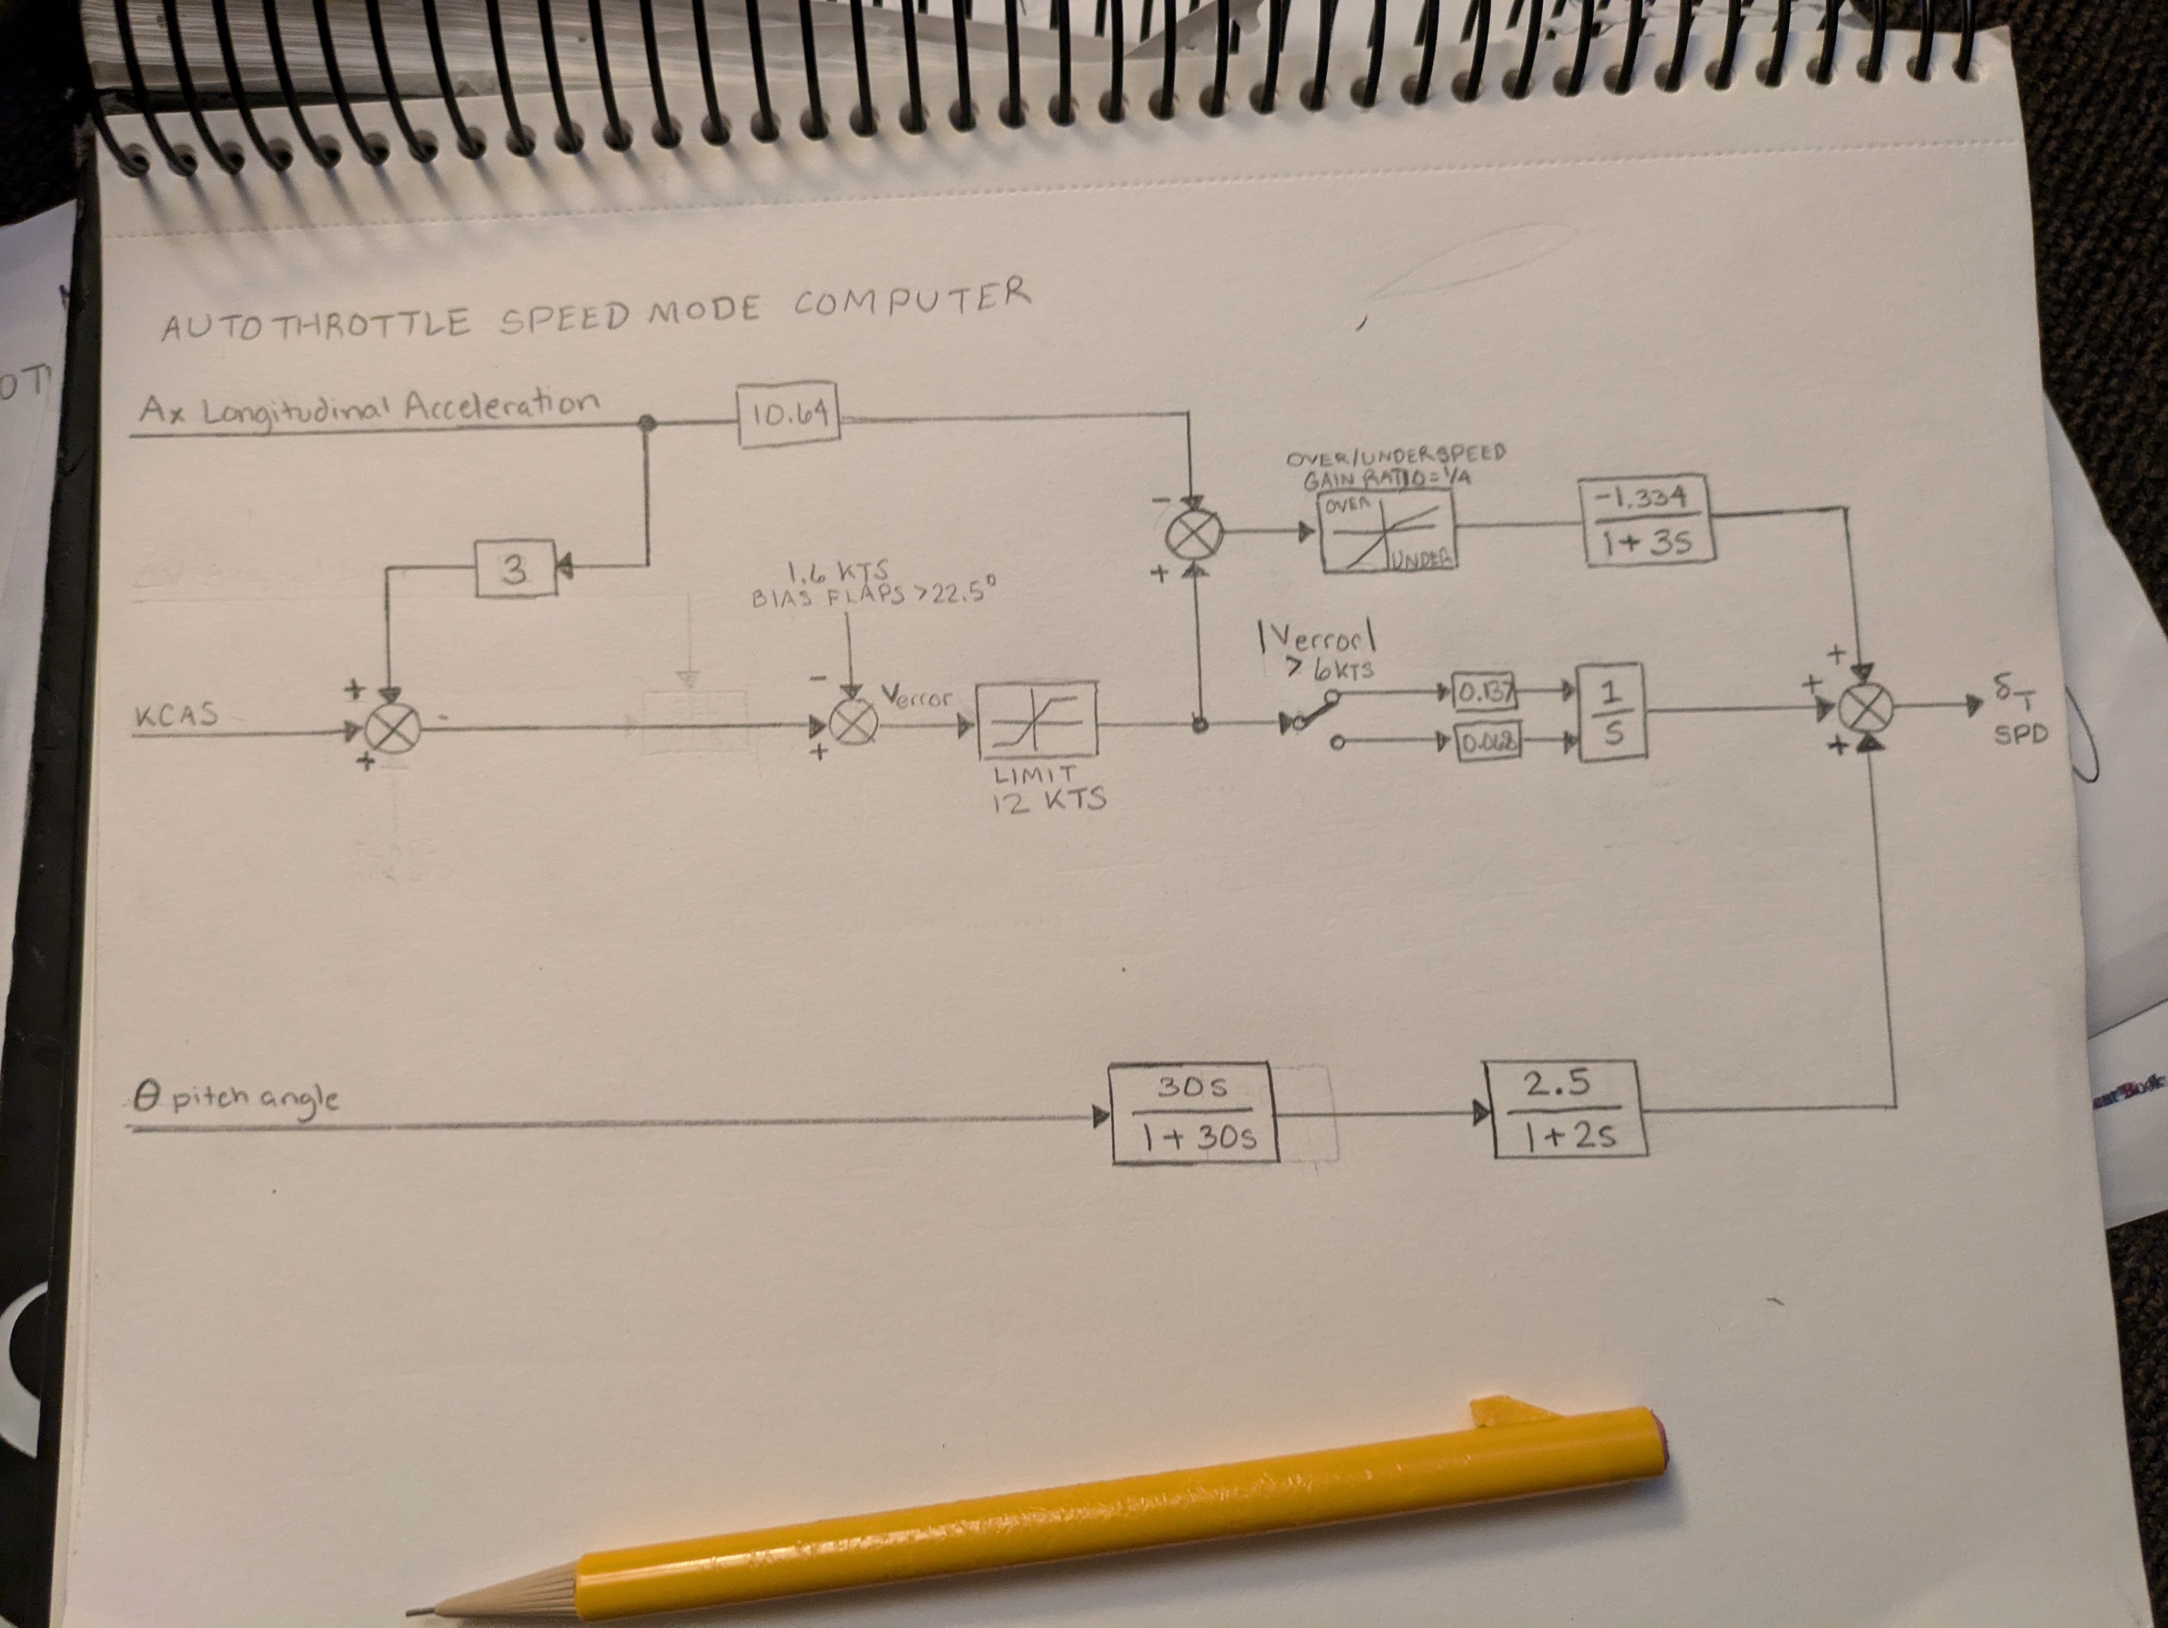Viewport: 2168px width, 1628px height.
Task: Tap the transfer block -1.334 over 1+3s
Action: point(1649,520)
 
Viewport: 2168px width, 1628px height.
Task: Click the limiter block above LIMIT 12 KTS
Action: point(1037,721)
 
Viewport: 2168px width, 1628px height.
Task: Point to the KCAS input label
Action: point(176,716)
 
